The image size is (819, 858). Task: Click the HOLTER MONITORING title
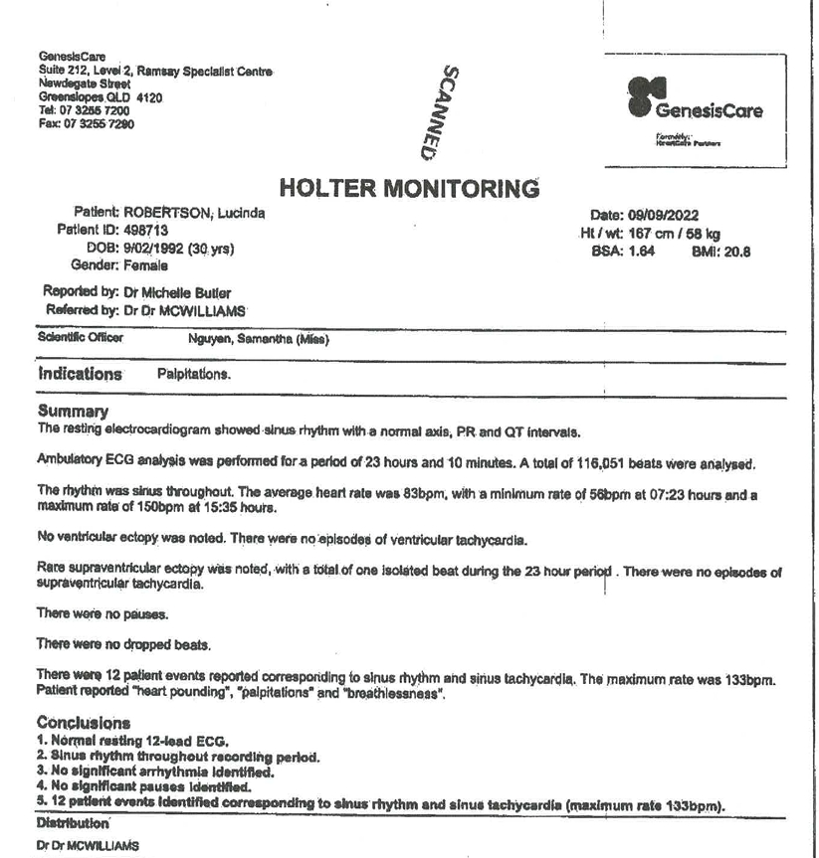(408, 188)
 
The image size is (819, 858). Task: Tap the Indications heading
(80, 375)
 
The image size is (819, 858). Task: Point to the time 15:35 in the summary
(207, 506)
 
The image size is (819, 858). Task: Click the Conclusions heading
(85, 724)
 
